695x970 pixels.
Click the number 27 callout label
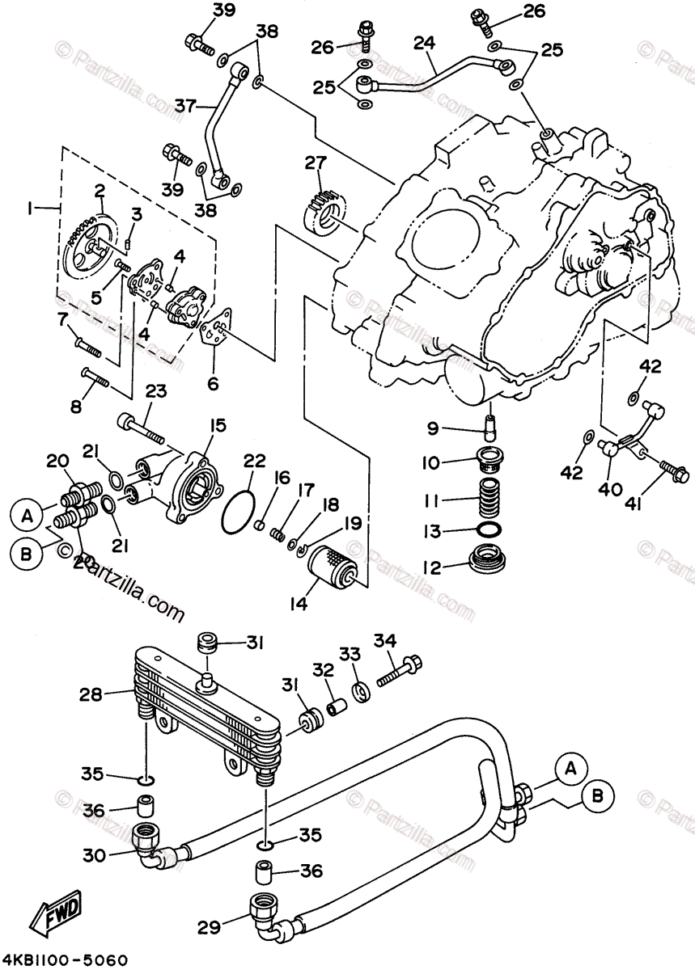[x=315, y=164]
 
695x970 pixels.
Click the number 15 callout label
[x=218, y=424]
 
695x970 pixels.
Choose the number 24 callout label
[x=424, y=42]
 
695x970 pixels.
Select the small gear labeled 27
[x=328, y=209]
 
